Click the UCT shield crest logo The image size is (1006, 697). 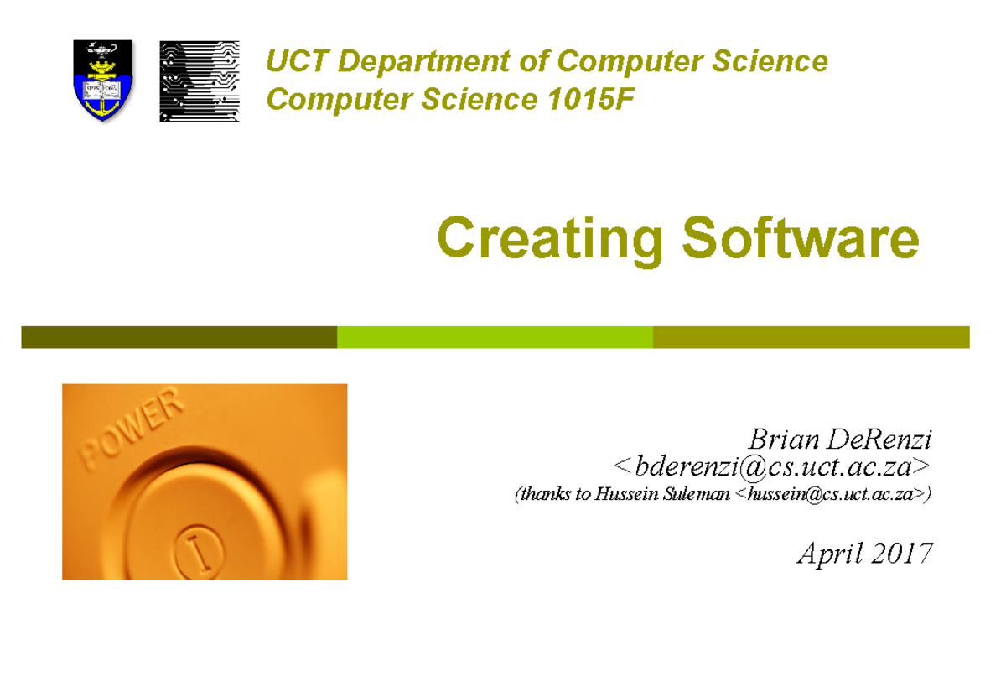(x=103, y=81)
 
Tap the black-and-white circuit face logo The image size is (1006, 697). (x=200, y=81)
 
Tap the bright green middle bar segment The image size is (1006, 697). (x=495, y=337)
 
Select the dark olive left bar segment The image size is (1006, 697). (x=179, y=337)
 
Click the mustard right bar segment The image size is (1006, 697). (x=811, y=337)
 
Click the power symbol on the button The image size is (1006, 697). (x=198, y=550)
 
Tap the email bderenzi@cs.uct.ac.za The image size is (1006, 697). (x=771, y=466)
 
